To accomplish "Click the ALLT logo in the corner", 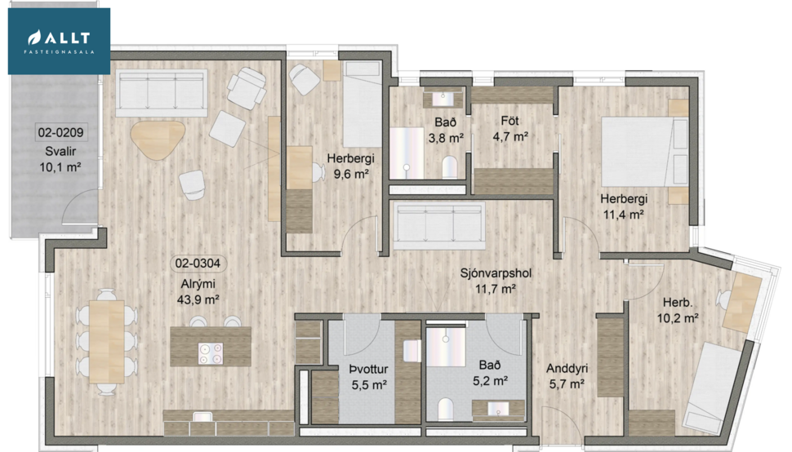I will (x=59, y=41).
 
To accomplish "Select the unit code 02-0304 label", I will (x=198, y=264).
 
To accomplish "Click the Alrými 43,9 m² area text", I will (x=200, y=292).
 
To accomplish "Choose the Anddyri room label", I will (x=567, y=369).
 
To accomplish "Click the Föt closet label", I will (x=510, y=122).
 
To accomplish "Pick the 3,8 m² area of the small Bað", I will (x=446, y=138).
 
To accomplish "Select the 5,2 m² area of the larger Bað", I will (x=491, y=380).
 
